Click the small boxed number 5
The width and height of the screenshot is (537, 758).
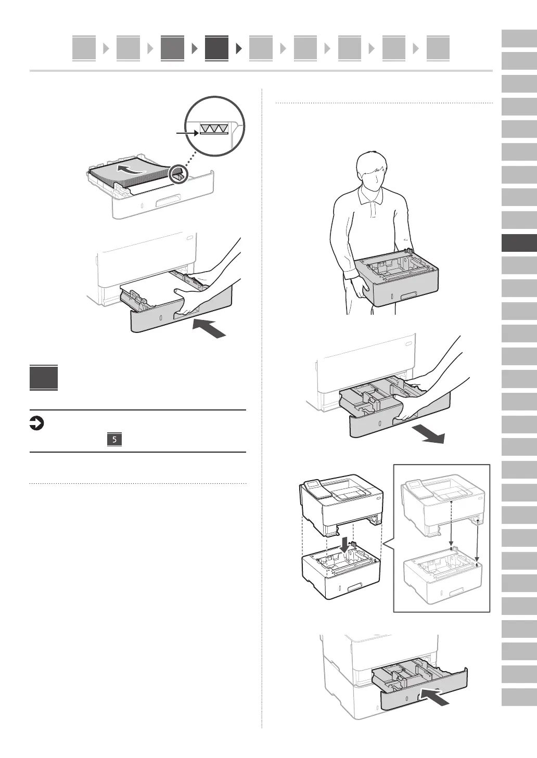(x=114, y=440)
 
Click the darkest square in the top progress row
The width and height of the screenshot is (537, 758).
(x=216, y=48)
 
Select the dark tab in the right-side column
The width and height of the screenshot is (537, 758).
(x=519, y=243)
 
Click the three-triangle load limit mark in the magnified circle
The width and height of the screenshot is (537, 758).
(x=214, y=129)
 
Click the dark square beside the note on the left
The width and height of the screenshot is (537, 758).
(x=44, y=378)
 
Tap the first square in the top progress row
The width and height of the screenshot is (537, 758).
(x=84, y=48)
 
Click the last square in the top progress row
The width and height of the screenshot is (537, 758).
(x=438, y=48)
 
